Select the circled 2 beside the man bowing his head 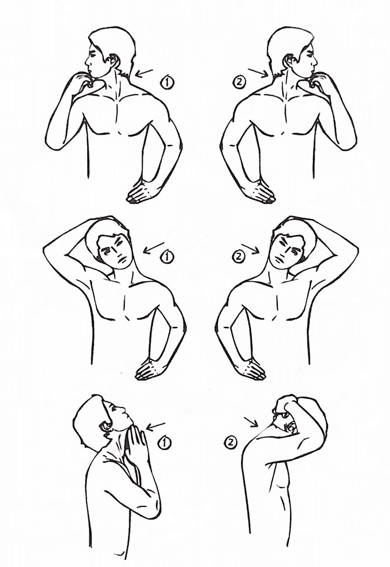(x=231, y=442)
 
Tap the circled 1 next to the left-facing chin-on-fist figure (x=167, y=83)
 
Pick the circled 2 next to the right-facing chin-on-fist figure (x=239, y=82)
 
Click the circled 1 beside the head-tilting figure (x=167, y=257)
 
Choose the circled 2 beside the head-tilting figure (x=239, y=256)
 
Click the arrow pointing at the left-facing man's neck (x=145, y=74)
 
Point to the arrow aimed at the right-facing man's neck (x=258, y=72)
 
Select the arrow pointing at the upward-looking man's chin (x=156, y=426)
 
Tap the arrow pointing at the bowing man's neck (x=251, y=421)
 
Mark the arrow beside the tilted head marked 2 (x=250, y=248)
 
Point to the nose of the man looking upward (x=123, y=410)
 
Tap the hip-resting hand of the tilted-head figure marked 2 (x=250, y=369)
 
